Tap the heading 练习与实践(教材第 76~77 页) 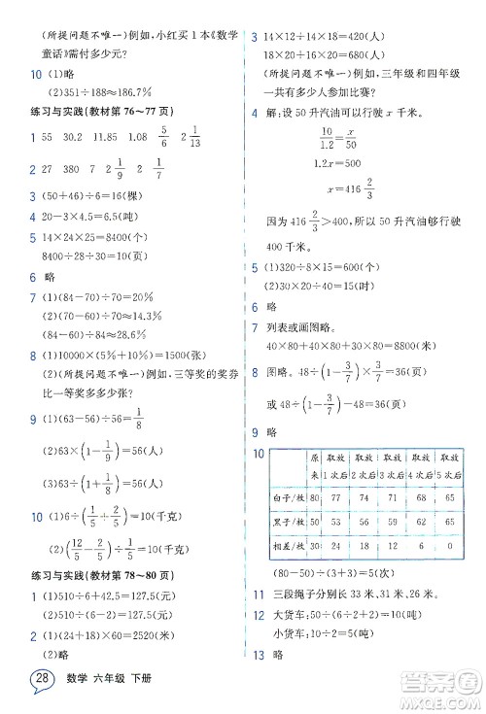[x=91, y=114]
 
